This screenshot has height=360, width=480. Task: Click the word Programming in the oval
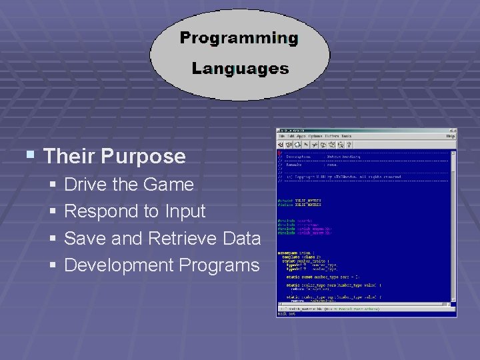tap(239, 38)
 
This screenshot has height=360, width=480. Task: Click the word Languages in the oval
tap(240, 69)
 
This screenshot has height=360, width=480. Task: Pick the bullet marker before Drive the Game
tap(53, 185)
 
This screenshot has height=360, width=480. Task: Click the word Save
tap(84, 238)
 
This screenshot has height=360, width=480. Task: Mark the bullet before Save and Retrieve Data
tap(53, 238)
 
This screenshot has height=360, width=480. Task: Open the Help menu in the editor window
tap(451, 136)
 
